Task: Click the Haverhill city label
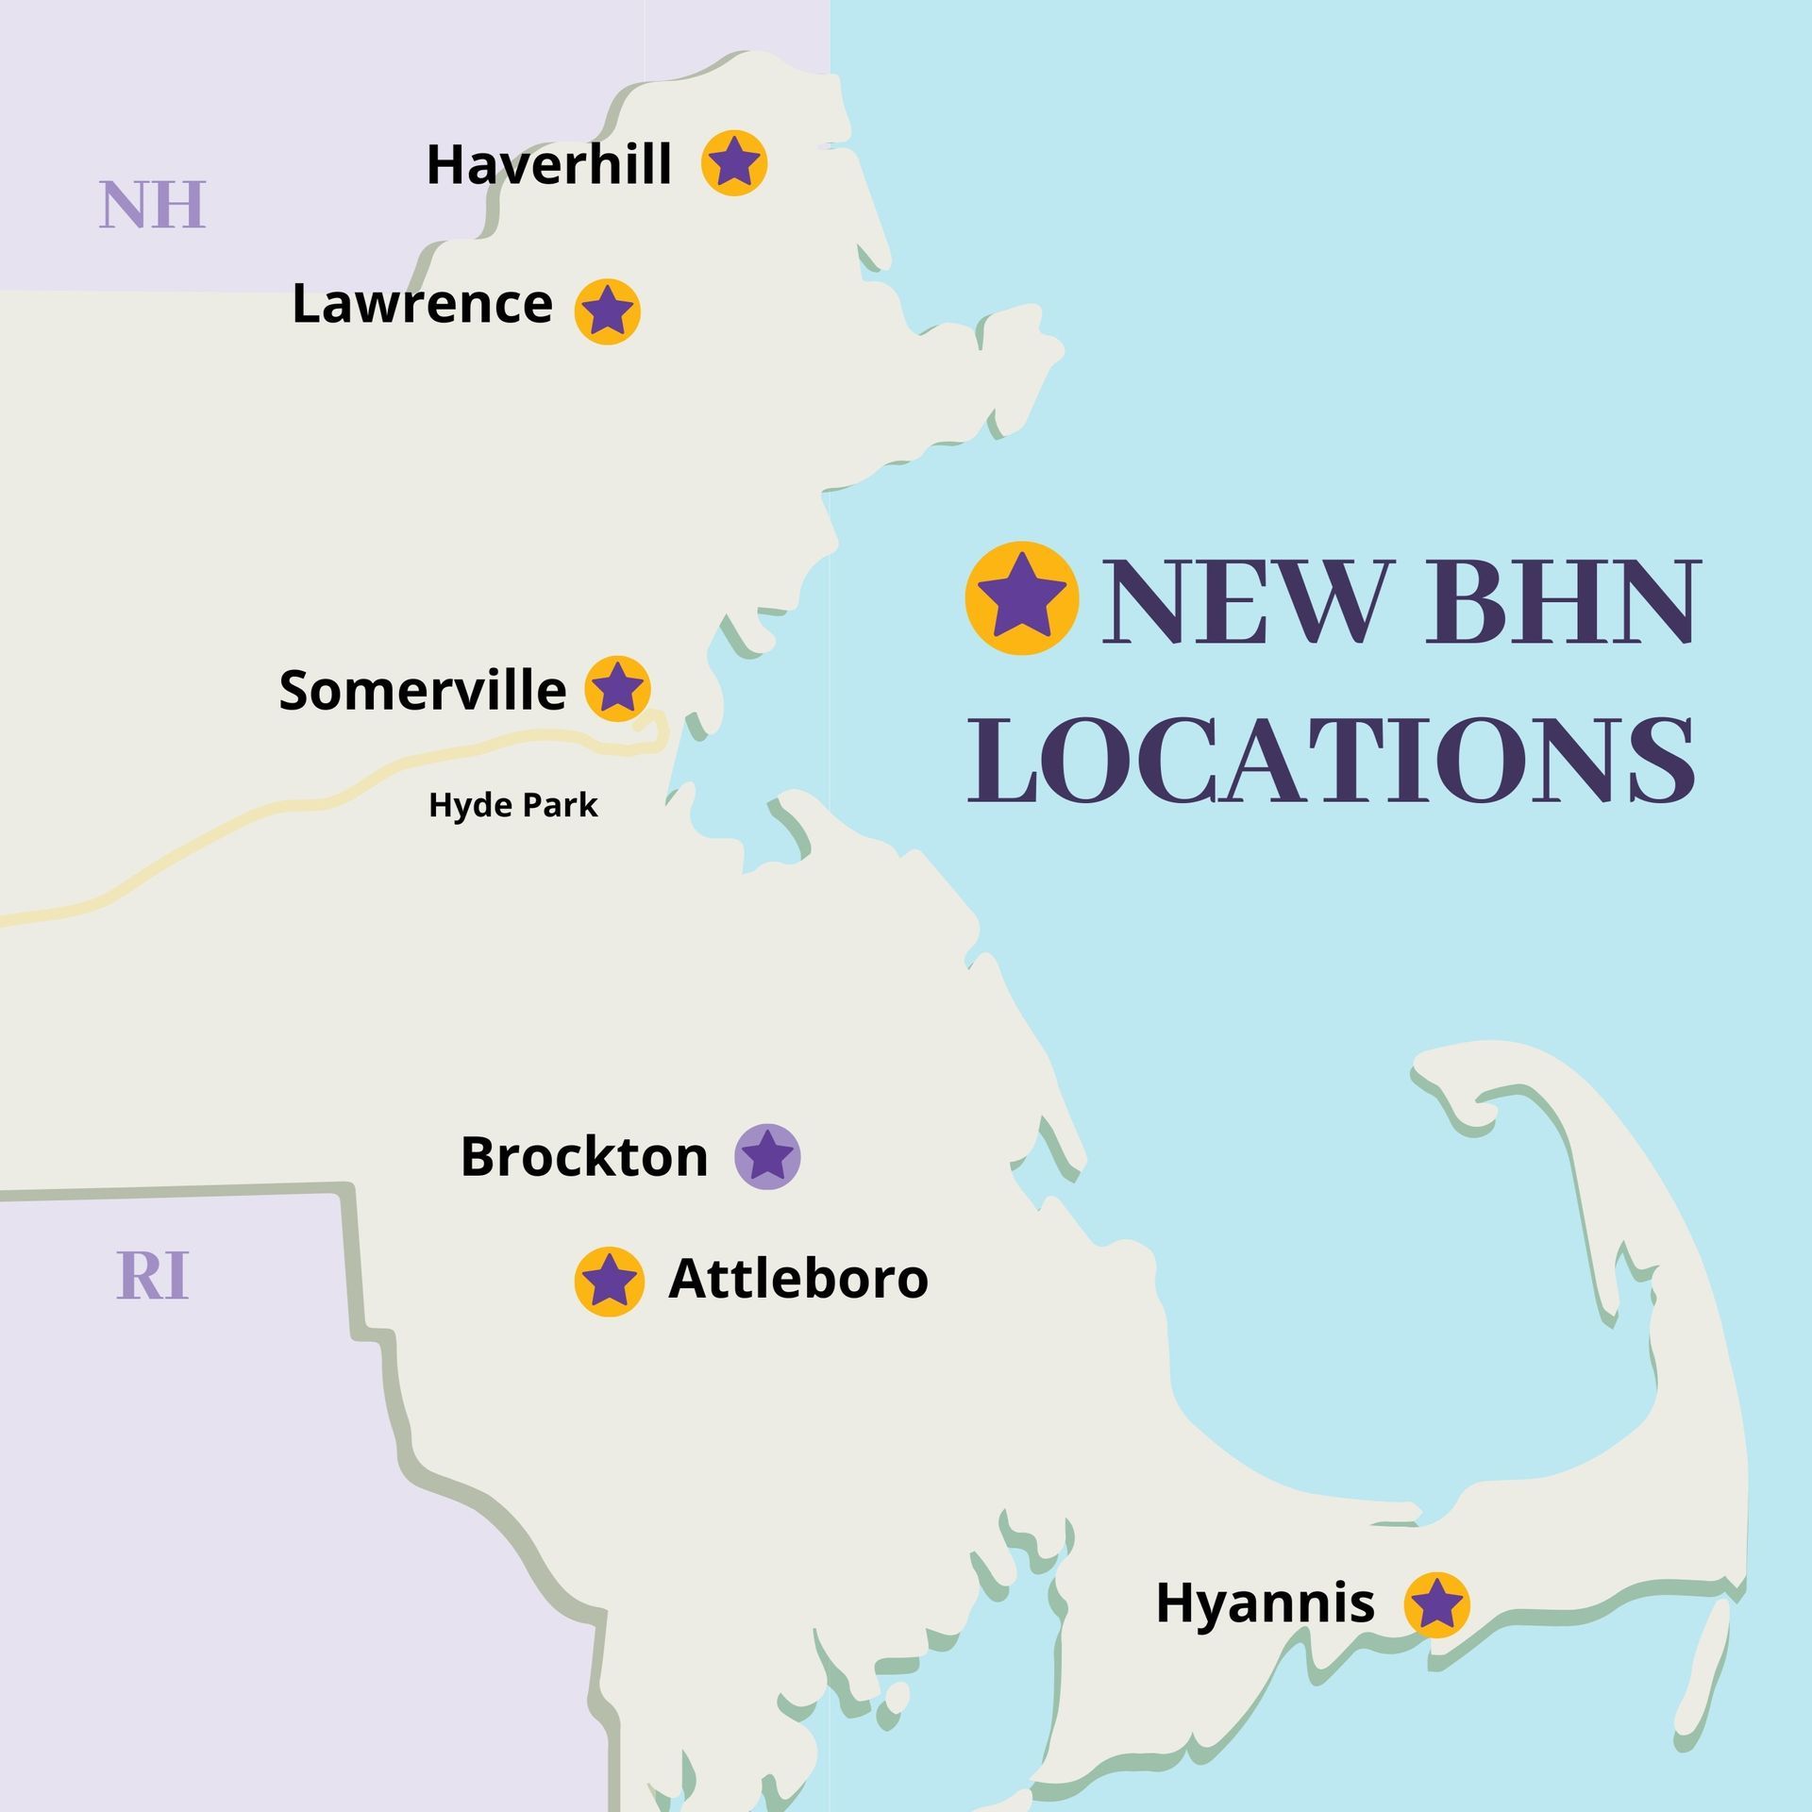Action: point(548,165)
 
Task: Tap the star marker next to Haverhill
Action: point(734,163)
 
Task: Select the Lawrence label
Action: point(422,305)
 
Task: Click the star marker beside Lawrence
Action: point(608,311)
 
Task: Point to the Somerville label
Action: point(422,691)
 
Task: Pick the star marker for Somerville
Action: point(617,689)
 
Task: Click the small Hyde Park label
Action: point(513,805)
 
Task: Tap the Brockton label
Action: point(584,1157)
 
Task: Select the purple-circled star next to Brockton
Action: point(768,1156)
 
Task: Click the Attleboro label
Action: point(798,1279)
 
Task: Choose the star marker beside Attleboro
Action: point(610,1281)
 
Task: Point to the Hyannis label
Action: point(1265,1603)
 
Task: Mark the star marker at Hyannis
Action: point(1436,1603)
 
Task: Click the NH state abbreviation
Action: point(153,205)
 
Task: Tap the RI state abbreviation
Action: point(153,1276)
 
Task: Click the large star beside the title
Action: point(1022,597)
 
